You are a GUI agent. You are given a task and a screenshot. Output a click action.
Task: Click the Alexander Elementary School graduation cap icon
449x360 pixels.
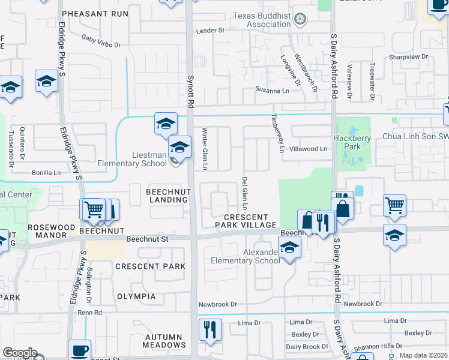pos(289,248)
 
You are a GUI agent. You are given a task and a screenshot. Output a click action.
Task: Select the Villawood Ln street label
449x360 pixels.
pos(308,148)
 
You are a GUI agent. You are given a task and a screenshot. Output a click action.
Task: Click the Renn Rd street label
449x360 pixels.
pos(89,313)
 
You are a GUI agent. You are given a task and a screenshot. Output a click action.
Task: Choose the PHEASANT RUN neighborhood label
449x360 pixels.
pos(103,13)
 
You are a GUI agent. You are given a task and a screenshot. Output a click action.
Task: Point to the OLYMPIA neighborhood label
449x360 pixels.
pos(136,296)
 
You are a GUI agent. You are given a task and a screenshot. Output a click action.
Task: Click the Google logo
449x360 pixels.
pos(20,352)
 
